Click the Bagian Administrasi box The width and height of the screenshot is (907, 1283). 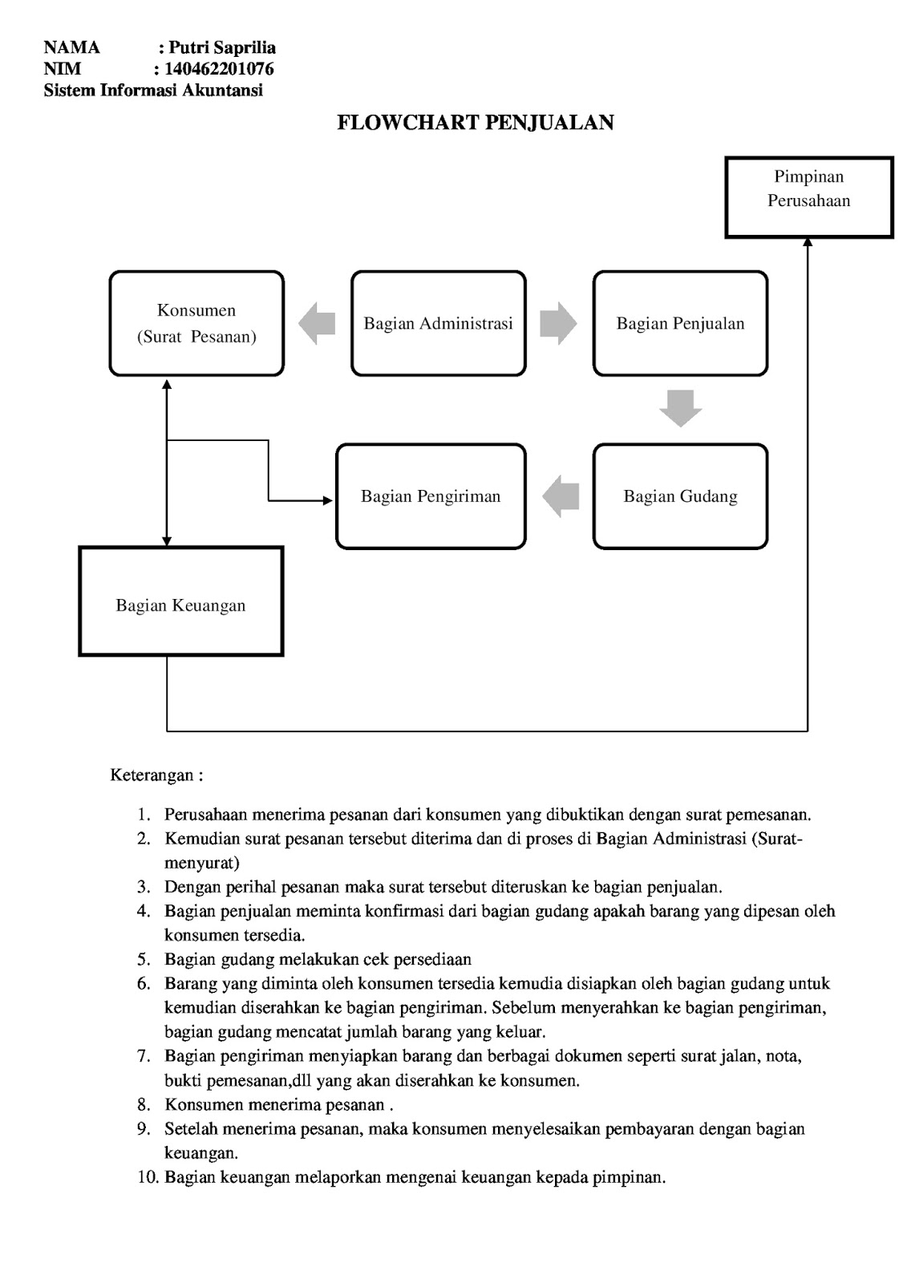coord(439,323)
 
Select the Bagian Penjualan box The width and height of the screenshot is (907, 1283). coord(680,323)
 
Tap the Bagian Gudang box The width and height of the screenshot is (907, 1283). coord(680,496)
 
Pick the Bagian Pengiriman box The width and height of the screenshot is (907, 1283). coord(431,496)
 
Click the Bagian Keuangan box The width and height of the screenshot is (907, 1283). coord(180,602)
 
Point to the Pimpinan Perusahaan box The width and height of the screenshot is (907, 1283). coord(808,197)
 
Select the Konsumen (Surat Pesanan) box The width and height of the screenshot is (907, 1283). coord(196,323)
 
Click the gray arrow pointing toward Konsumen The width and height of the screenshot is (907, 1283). coord(317,323)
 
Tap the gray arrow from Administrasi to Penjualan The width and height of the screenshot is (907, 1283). coord(558,323)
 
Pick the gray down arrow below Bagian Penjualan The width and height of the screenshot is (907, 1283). coord(680,408)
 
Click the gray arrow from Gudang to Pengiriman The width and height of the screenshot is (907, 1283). coord(561,496)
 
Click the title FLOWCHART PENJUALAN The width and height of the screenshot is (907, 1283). coord(475,123)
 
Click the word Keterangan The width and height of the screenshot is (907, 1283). coord(152,775)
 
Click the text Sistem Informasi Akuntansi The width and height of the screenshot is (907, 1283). coord(153,90)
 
